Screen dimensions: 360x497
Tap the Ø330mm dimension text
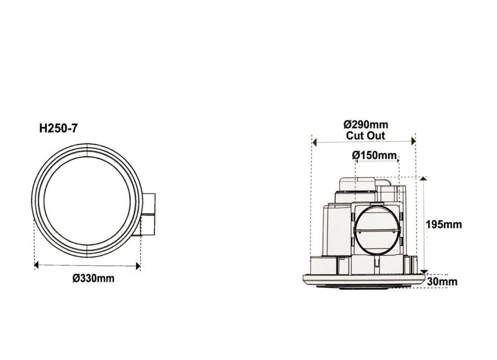[93, 278]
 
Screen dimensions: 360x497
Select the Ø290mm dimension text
[365, 125]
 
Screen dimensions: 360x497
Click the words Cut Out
[365, 135]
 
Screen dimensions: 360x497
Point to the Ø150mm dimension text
[374, 155]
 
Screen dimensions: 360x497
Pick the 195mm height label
[444, 225]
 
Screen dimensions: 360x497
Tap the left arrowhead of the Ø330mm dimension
[37, 265]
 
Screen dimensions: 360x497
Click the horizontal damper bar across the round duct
[377, 230]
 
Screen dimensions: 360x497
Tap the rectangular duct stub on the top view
[148, 214]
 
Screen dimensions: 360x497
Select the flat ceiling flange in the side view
[364, 279]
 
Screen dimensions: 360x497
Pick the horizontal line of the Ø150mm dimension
[377, 161]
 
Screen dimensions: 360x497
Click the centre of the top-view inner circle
[86, 201]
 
